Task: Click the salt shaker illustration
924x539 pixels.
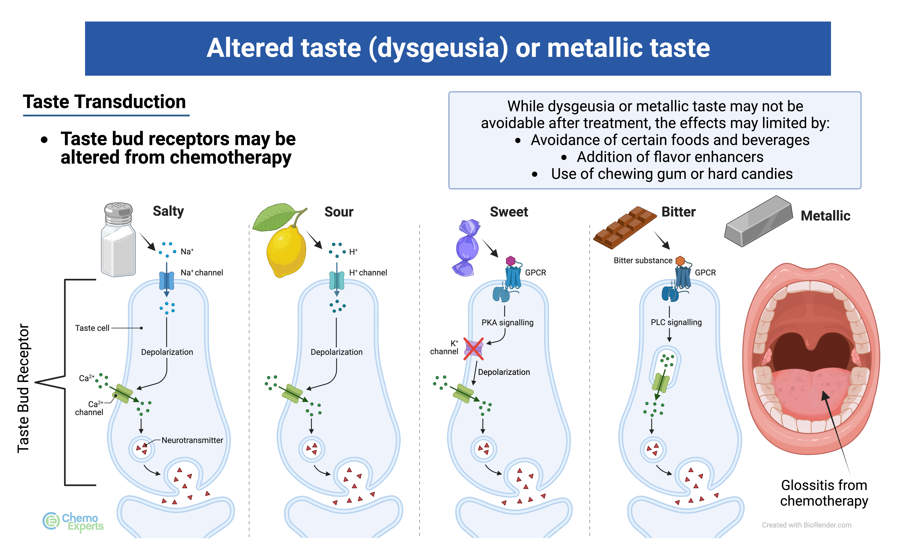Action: click(x=118, y=240)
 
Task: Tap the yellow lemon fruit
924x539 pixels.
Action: click(x=286, y=251)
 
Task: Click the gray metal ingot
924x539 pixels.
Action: click(x=758, y=221)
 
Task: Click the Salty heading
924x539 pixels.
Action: click(x=168, y=211)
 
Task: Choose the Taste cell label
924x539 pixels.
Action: click(x=92, y=328)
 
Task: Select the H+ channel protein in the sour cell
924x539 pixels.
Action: click(x=337, y=281)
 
